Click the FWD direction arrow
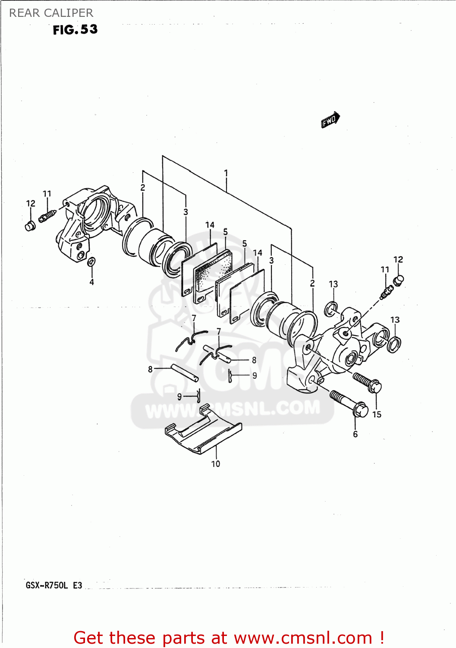[x=330, y=120]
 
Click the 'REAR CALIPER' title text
[x=51, y=13]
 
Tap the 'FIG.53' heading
[x=75, y=30]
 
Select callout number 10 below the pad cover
[x=215, y=464]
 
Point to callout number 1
[x=226, y=173]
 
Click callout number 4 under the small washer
[x=91, y=282]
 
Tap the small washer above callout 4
[x=91, y=262]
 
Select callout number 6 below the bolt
[x=355, y=434]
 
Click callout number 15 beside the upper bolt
[x=377, y=414]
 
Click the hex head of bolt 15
[x=374, y=386]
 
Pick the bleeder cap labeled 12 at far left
[x=30, y=226]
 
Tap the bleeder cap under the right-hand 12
[x=398, y=281]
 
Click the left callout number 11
[x=47, y=194]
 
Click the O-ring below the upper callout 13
[x=331, y=309]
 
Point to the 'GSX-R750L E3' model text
[x=53, y=586]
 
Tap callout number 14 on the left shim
[x=210, y=225]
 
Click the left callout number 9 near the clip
[x=179, y=397]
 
